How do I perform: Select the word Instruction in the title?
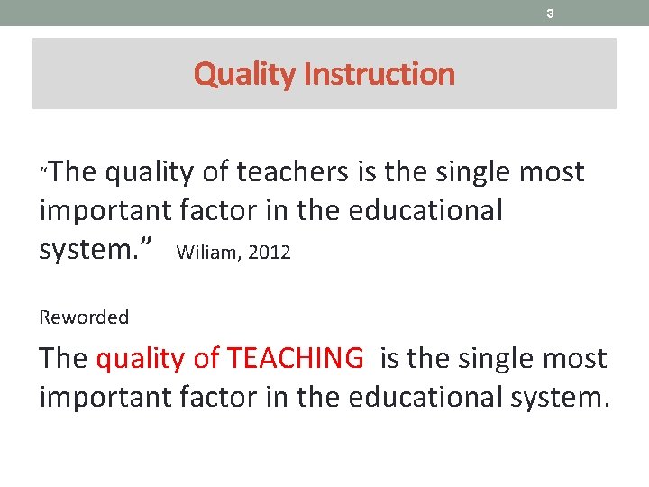pyautogui.click(x=379, y=74)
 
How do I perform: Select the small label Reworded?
pyautogui.click(x=84, y=317)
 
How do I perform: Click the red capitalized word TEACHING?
pyautogui.click(x=296, y=359)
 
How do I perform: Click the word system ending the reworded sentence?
pyautogui.click(x=554, y=398)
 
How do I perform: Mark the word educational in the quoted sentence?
pyautogui.click(x=425, y=211)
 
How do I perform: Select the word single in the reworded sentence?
pyautogui.click(x=500, y=359)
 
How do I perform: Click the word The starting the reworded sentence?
pyautogui.click(x=63, y=359)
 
